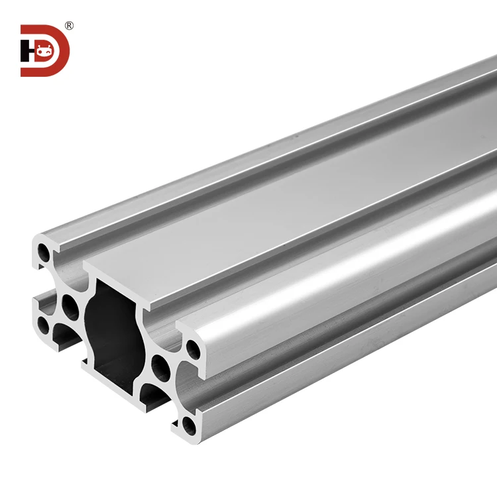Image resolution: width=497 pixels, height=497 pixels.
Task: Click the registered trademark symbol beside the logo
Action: click(x=69, y=26)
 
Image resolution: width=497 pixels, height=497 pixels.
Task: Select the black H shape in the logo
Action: click(x=28, y=51)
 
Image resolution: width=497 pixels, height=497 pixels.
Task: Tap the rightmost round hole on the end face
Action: click(x=193, y=347)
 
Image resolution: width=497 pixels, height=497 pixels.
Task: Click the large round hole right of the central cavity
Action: click(x=159, y=364)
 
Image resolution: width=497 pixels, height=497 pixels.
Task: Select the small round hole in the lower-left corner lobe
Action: click(x=43, y=324)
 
